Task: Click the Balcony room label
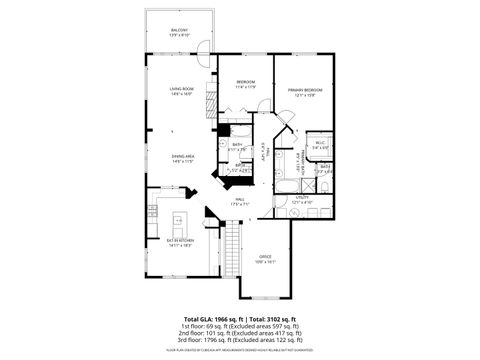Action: (x=180, y=32)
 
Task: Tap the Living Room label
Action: (x=180, y=91)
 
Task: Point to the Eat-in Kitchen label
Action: (x=180, y=241)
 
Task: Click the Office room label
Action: (x=265, y=257)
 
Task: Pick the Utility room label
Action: (x=304, y=199)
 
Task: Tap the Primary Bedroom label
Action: (x=303, y=91)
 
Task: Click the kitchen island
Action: (x=182, y=221)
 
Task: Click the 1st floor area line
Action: (x=240, y=327)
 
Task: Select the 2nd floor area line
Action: (x=240, y=335)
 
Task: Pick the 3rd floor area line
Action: (x=240, y=343)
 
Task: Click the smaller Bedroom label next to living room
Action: (x=246, y=83)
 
